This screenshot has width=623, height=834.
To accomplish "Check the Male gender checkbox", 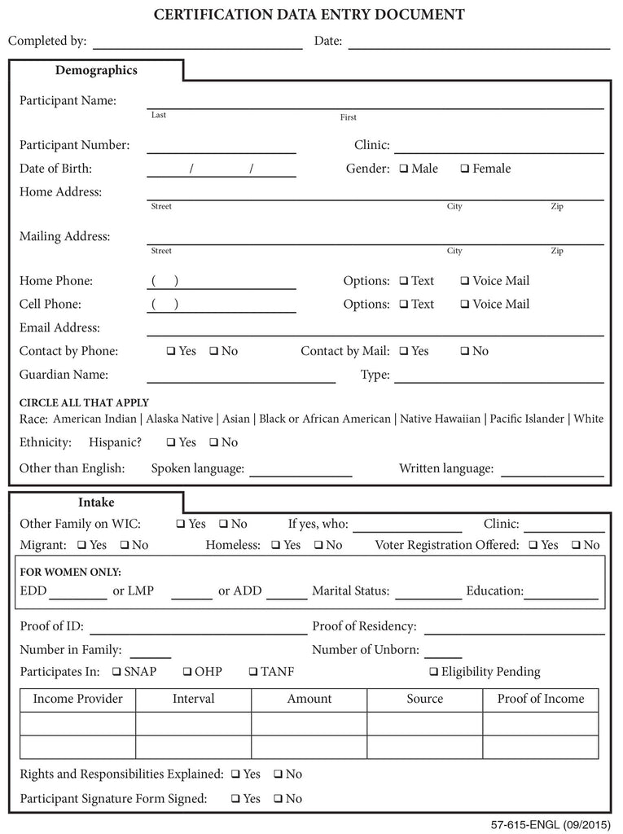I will (x=404, y=169).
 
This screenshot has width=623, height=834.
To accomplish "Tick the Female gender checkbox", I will (x=465, y=169).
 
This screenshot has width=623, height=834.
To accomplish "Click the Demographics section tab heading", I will (x=96, y=70).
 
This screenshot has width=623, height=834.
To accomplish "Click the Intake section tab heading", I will (x=96, y=503).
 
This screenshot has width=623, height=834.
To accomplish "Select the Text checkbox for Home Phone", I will (x=404, y=282).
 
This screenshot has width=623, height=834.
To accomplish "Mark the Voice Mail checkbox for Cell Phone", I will (x=465, y=305).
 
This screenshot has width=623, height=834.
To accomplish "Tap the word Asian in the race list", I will (x=236, y=419).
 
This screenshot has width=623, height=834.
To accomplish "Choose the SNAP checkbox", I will (x=117, y=673).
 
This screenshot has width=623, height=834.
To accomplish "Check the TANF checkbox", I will (x=252, y=673).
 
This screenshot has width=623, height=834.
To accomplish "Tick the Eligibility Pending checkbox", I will (x=433, y=673).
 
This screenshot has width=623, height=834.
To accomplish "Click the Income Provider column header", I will (x=77, y=699).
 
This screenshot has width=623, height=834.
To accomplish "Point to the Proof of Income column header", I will (x=541, y=699).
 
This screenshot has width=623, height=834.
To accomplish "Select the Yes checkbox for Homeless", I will (x=276, y=546).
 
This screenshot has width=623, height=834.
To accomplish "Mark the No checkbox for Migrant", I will (x=125, y=546).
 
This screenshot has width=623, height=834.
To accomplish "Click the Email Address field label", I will (x=59, y=328).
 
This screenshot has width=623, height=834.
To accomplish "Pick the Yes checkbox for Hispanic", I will (x=171, y=443).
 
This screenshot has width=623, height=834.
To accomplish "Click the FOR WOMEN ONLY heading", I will (x=70, y=572).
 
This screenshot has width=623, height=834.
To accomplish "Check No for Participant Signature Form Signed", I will (x=278, y=800).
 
